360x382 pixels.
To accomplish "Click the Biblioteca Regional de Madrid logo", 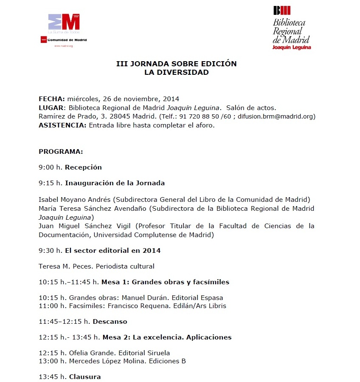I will pos(291,28).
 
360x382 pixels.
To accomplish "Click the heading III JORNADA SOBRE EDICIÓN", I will pos(176,64).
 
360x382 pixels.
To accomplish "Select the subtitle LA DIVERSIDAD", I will pos(176,72).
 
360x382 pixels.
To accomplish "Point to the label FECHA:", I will pos(52,99).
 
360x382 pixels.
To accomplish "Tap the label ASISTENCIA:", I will pos(62,125).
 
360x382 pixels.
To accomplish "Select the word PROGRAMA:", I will pos(61,152).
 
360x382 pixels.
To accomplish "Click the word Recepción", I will pos(83,167).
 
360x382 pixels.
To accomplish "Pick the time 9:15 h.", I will pos(51,183).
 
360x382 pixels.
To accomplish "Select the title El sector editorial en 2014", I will pos(112,251).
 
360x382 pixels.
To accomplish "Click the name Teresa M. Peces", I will pos(65,266).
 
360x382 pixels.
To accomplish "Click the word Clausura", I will pos(85,377).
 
